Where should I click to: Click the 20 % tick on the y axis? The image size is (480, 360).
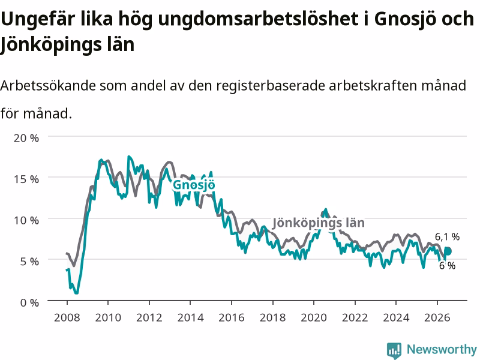[x=26, y=138]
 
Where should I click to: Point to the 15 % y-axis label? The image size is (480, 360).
[x=26, y=179]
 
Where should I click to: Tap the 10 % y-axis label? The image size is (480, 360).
[x=26, y=220]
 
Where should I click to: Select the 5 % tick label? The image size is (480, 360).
[x=29, y=262]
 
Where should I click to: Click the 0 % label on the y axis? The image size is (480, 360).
[x=29, y=303]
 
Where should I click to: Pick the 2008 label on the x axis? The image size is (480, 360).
[x=67, y=317]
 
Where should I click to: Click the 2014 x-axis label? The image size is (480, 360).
[x=190, y=317]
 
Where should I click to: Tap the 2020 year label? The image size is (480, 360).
[x=314, y=317]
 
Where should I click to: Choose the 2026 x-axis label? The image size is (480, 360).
[x=437, y=317]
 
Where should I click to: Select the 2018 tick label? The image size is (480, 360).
[x=273, y=317]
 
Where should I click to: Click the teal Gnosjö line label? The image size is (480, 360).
[x=194, y=185]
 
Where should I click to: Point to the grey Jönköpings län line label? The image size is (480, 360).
[x=319, y=223]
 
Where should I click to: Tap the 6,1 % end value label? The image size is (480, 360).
[x=447, y=236]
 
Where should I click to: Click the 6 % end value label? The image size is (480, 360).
[x=447, y=265]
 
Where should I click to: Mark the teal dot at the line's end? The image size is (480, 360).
[x=448, y=251]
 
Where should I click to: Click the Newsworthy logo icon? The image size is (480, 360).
[x=394, y=350]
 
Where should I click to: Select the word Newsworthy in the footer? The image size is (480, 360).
[x=442, y=349]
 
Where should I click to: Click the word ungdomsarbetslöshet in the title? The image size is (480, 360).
[x=259, y=19]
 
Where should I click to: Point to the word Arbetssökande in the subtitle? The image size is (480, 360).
[x=48, y=85]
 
